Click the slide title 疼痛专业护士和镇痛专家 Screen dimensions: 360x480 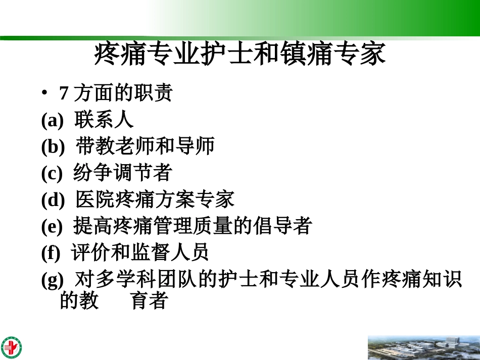click(x=240, y=55)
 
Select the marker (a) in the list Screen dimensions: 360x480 click(x=53, y=121)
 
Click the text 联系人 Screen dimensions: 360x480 click(x=104, y=120)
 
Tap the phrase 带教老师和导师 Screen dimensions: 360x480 click(x=146, y=146)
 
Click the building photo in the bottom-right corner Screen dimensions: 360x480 click(x=423, y=347)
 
